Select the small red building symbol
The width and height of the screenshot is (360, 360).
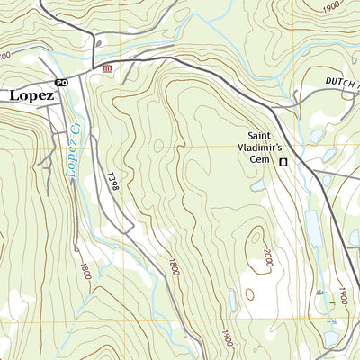pyautogui.click(x=108, y=69)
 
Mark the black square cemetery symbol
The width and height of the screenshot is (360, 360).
pyautogui.click(x=283, y=162)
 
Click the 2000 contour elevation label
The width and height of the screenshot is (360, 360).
pyautogui.click(x=267, y=258)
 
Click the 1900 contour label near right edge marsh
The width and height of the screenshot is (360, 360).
pyautogui.click(x=342, y=296)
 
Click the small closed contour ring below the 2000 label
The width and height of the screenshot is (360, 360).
pyautogui.click(x=249, y=293)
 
